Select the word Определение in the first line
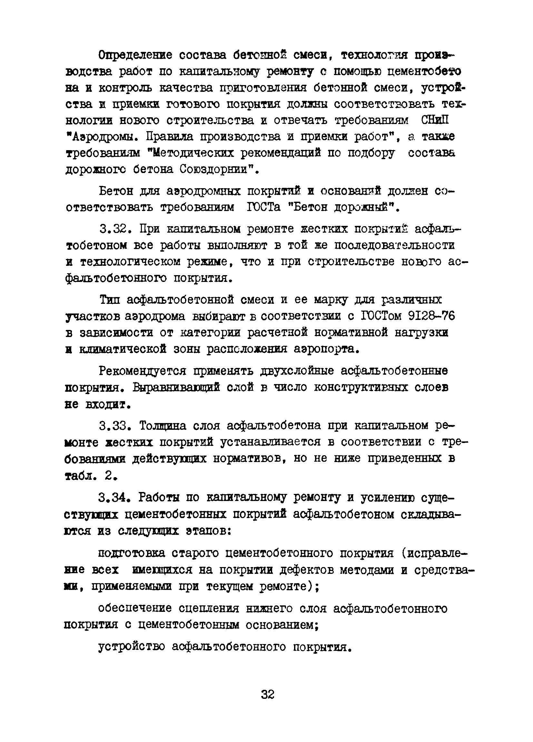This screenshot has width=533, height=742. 135,56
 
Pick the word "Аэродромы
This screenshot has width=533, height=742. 103,136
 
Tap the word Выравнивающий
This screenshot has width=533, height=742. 176,387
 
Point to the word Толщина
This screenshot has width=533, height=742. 163,426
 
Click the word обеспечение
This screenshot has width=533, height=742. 135,608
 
